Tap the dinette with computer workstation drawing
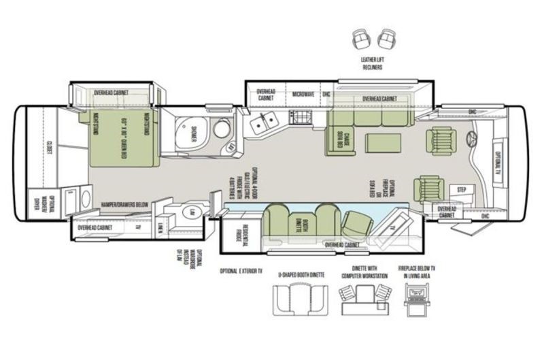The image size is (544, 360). (363, 298)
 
